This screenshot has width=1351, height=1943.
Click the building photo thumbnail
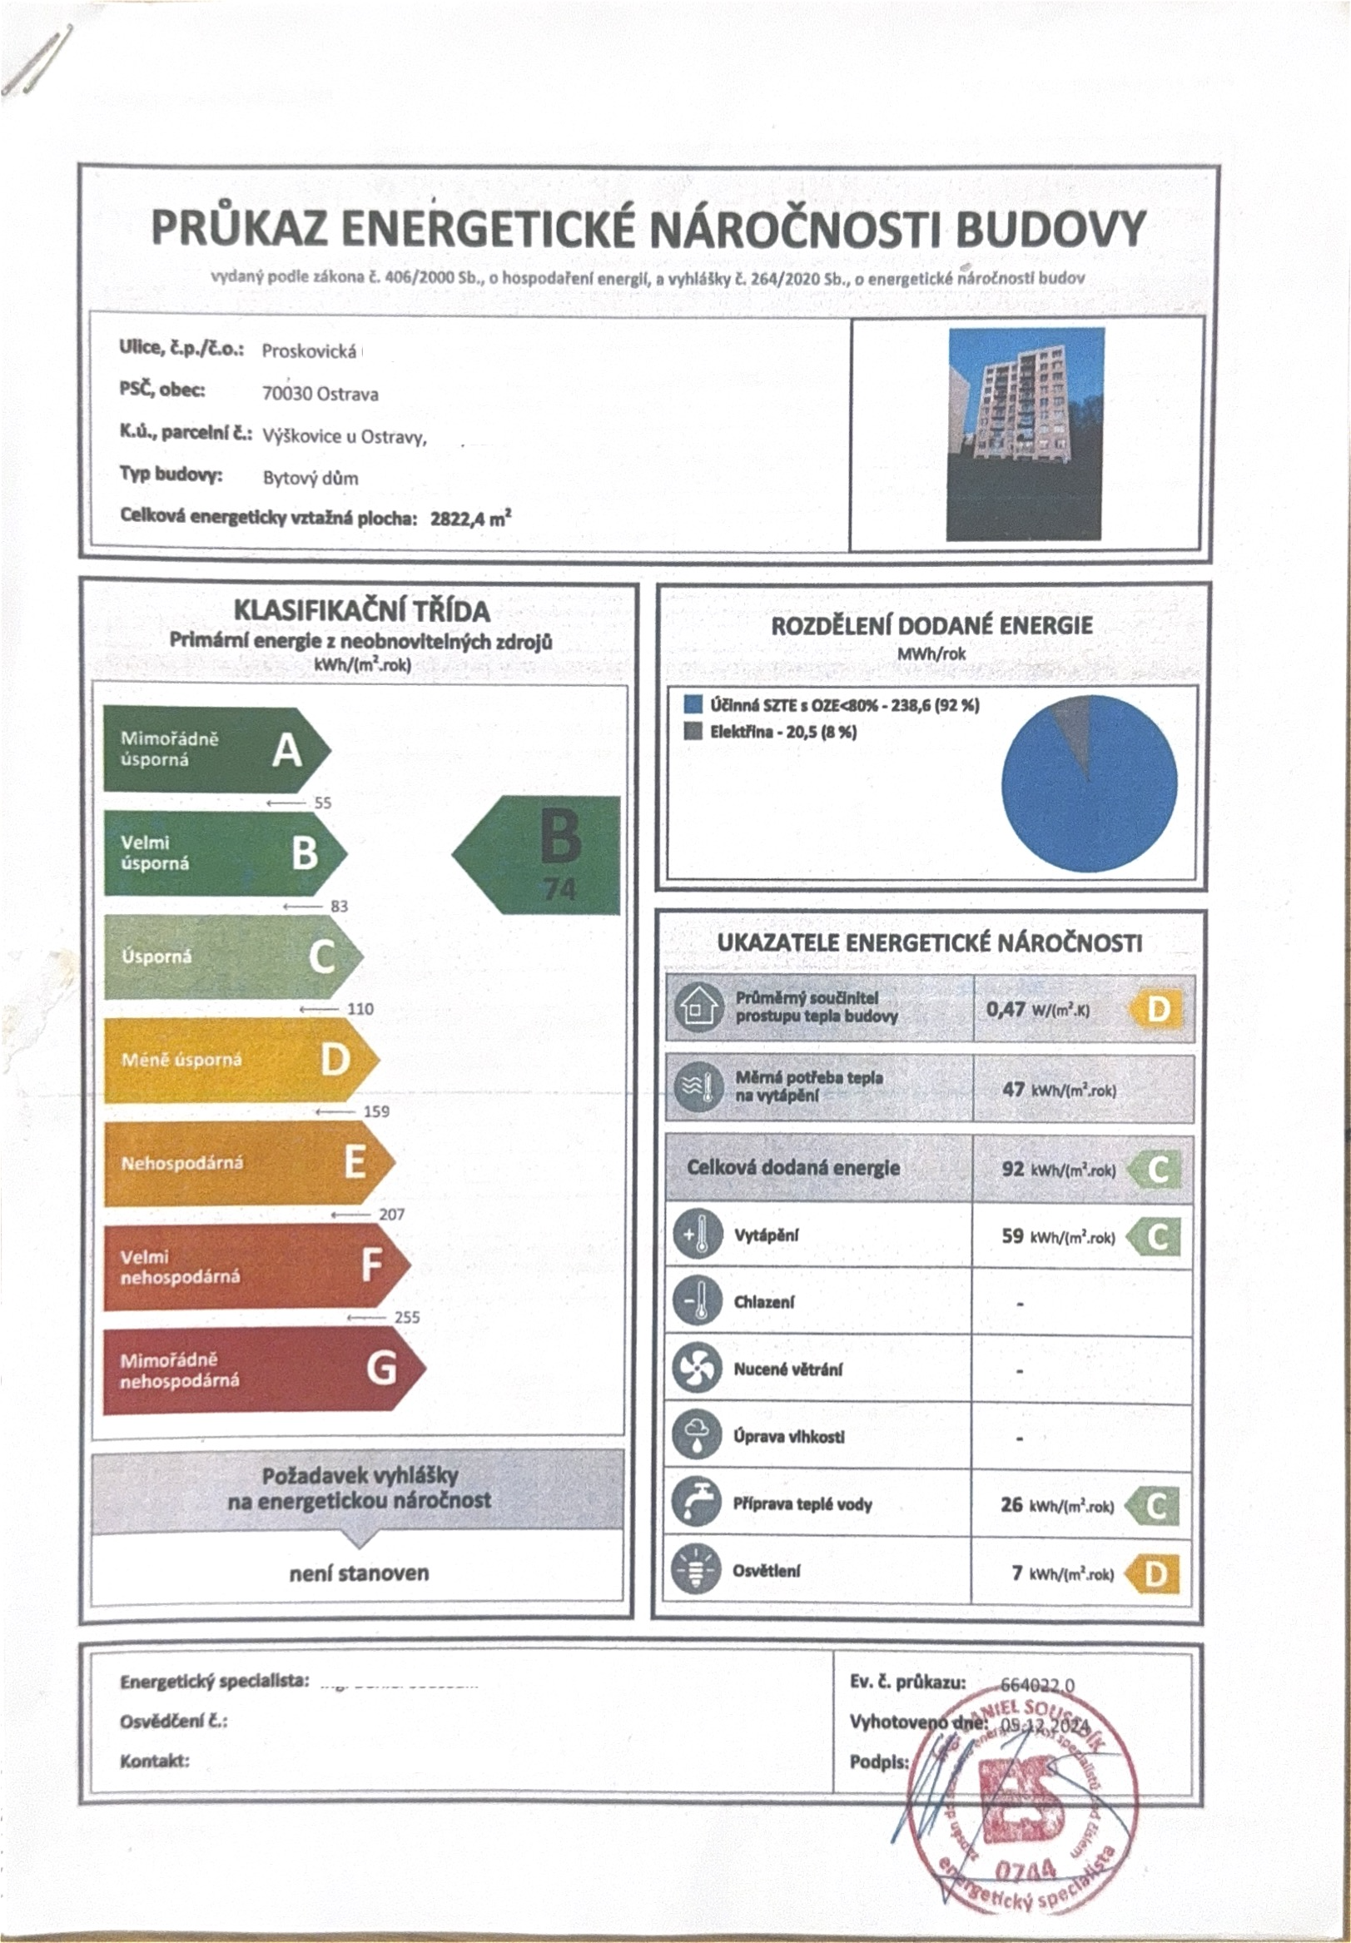click(1026, 433)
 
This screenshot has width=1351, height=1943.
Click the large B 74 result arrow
click(541, 855)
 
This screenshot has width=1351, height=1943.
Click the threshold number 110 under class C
click(360, 1009)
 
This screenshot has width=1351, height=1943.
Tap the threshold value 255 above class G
click(407, 1317)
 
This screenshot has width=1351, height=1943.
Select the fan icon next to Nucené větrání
click(696, 1369)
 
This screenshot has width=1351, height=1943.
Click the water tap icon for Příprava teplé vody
click(696, 1503)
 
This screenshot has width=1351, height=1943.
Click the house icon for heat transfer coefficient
click(697, 1007)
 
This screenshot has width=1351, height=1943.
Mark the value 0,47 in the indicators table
click(1006, 1009)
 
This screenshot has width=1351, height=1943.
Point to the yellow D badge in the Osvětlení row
click(1155, 1573)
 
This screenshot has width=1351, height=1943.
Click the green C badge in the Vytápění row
click(1157, 1237)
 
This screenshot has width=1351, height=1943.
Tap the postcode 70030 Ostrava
click(320, 394)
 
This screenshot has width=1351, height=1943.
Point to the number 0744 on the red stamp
click(1026, 1870)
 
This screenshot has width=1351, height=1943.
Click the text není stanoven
click(359, 1573)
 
